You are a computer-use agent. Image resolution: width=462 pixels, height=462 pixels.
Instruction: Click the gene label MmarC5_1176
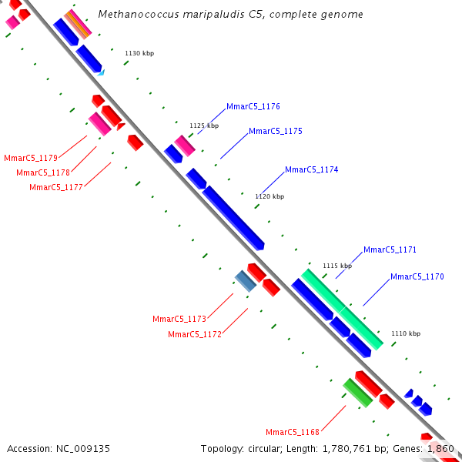(253, 107)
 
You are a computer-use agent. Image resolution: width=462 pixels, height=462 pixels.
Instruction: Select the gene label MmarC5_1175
(276, 132)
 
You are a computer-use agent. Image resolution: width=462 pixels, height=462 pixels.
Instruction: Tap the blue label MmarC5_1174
(311, 169)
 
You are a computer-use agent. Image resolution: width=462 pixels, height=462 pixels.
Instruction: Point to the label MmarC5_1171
(390, 249)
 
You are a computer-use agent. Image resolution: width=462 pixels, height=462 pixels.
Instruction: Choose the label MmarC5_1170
(417, 276)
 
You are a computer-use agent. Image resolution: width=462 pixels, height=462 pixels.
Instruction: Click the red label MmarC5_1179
(31, 158)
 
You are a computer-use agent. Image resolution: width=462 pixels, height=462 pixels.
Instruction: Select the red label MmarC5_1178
(43, 172)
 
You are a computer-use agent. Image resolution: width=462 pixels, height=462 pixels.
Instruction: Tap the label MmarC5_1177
(56, 187)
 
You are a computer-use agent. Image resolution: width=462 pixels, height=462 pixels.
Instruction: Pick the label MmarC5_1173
(179, 319)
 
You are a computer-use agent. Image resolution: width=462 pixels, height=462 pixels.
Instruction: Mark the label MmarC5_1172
(195, 335)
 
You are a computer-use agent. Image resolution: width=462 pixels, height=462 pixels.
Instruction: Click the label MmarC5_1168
(293, 432)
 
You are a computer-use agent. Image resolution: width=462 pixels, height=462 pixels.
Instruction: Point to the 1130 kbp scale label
(139, 53)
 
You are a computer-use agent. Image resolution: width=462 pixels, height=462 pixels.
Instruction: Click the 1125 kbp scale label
(204, 126)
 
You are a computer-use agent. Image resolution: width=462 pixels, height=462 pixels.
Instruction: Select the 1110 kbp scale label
(406, 333)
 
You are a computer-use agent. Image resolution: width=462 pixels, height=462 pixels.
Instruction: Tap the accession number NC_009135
(83, 449)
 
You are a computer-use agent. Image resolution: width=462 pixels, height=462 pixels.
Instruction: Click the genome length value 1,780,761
(346, 449)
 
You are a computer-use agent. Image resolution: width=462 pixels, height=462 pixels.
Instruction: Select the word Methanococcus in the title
(139, 14)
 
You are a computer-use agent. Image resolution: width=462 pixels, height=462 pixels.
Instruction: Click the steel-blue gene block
(246, 281)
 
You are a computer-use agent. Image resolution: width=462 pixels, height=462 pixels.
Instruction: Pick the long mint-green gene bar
(342, 310)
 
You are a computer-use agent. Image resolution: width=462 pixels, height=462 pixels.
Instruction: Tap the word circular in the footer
(264, 449)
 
